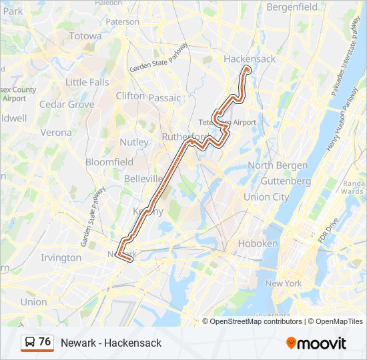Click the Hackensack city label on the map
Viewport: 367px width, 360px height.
click(250, 59)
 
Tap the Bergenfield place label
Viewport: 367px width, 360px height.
click(292, 7)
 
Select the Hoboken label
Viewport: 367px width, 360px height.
click(258, 243)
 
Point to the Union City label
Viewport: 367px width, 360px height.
click(266, 197)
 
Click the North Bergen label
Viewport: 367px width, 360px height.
click(278, 165)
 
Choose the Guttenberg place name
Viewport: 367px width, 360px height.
click(286, 181)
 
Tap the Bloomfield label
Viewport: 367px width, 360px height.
click(109, 161)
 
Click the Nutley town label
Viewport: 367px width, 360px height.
click(134, 142)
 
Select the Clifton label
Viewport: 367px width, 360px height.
click(130, 95)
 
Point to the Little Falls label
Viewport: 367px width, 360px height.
click(87, 82)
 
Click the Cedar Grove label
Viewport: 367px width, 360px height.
click(67, 105)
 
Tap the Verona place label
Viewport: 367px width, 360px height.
click(56, 132)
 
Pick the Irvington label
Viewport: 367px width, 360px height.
click(61, 257)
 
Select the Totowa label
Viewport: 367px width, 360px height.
click(85, 36)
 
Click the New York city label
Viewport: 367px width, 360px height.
click(284, 283)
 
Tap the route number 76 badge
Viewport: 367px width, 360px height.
click(45, 342)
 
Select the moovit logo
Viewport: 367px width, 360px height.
click(316, 343)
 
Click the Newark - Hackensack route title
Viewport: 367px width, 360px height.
click(111, 343)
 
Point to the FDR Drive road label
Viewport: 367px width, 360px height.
click(326, 226)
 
